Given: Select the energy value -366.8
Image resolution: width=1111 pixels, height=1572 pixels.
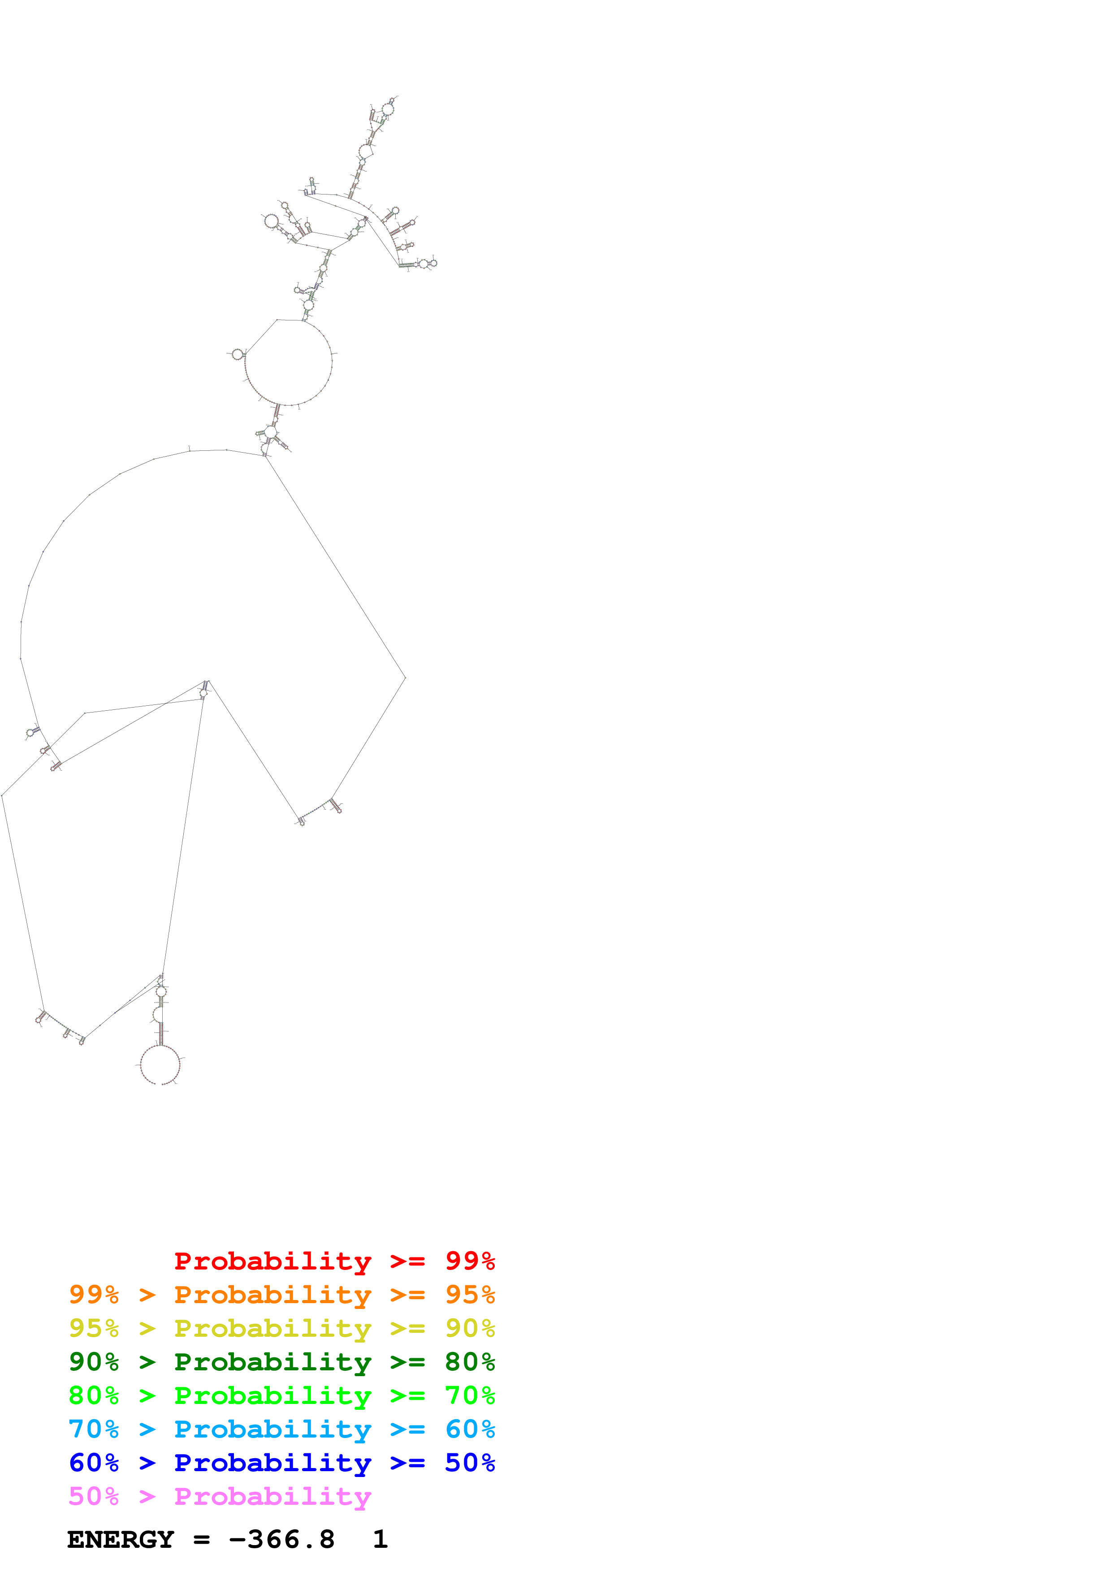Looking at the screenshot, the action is pos(281,1540).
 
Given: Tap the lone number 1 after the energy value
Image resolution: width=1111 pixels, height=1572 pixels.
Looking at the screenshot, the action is pos(380,1540).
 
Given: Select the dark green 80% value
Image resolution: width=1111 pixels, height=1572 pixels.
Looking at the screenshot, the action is pos(470,1362).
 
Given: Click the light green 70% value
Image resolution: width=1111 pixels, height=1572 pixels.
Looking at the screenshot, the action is pos(470,1395).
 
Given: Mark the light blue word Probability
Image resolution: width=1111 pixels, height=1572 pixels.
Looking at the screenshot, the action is pos(272,1429).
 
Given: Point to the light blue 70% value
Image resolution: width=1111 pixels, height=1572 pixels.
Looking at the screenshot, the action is pos(94,1429).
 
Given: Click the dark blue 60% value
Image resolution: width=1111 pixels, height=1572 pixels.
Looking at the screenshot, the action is pos(94,1463).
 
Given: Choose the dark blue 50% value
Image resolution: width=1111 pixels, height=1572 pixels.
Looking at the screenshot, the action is pos(470,1463).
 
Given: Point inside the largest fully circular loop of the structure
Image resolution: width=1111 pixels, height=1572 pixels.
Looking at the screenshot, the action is pos(288,362).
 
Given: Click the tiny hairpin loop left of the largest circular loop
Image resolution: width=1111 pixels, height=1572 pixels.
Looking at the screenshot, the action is pos(238,354).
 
